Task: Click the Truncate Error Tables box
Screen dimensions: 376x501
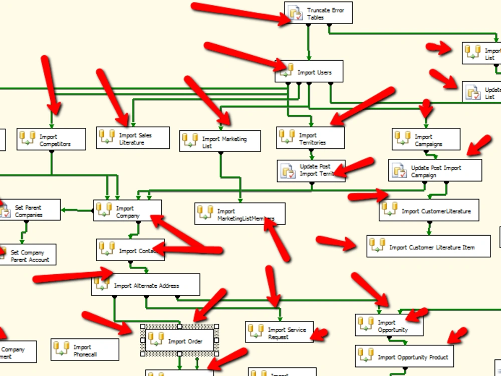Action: coord(319,13)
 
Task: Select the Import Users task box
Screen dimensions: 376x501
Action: coord(310,72)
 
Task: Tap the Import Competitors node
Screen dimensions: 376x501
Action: coord(51,140)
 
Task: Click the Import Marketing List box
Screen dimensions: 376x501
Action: coord(220,141)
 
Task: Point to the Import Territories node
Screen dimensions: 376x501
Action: coord(311,138)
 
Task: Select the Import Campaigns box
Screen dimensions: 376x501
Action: coord(426,139)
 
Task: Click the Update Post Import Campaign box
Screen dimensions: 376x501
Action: coord(435,171)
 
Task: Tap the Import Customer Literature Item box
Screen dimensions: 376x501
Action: coord(428,247)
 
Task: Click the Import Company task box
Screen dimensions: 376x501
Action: coord(127,211)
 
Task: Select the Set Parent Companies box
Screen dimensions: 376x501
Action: coord(30,210)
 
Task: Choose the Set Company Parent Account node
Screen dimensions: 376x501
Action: coord(28,255)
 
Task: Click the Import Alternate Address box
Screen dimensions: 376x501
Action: coord(146,285)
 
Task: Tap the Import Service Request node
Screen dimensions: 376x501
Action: coord(279,332)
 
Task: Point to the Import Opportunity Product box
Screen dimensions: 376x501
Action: coord(404,356)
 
